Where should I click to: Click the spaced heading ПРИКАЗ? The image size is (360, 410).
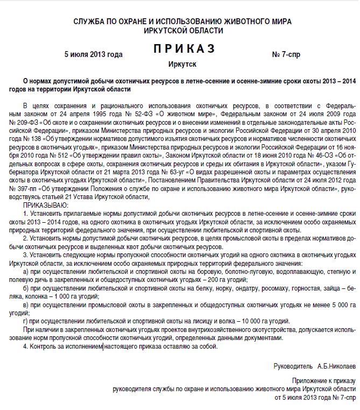tap(183, 49)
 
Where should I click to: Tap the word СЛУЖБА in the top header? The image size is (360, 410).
tap(89, 22)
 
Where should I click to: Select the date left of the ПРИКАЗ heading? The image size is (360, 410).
tap(93, 54)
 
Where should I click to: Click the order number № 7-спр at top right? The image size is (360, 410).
tap(287, 54)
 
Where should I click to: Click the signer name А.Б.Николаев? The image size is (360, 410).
tap(336, 366)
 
